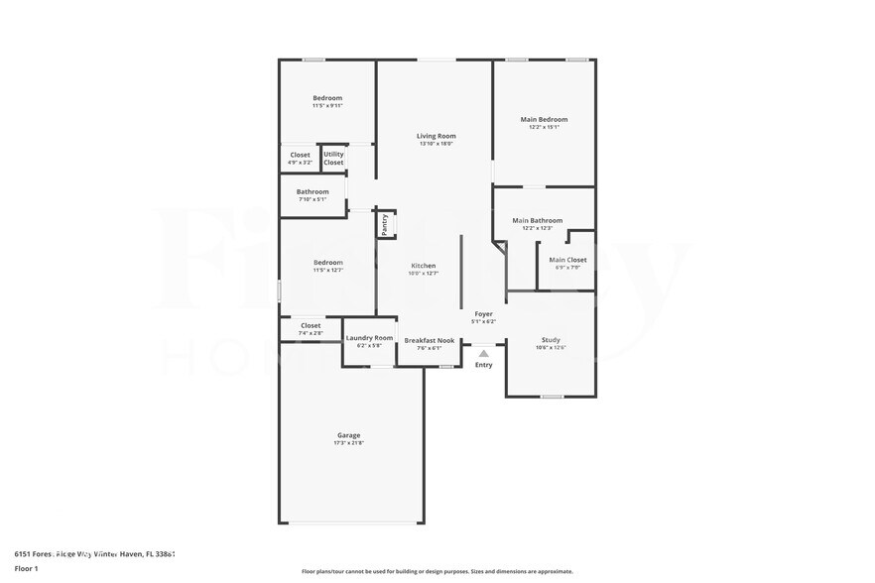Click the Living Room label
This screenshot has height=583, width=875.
click(436, 136)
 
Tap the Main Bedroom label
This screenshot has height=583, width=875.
click(544, 119)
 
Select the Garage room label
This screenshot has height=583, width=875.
click(348, 434)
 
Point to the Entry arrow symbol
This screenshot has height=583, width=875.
click(483, 352)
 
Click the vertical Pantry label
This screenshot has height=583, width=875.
click(385, 224)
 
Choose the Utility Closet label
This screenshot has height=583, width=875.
click(333, 158)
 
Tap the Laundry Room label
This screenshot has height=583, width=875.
click(369, 338)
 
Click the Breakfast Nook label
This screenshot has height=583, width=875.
click(430, 340)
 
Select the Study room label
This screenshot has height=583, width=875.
click(550, 339)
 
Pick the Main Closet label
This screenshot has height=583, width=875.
click(568, 260)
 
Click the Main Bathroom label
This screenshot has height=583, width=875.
click(537, 220)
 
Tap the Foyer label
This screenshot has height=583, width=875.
click(483, 313)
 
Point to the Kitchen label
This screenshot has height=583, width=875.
click(424, 266)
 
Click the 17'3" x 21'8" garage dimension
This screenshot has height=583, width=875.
click(348, 442)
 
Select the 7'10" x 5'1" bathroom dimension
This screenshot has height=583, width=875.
click(312, 199)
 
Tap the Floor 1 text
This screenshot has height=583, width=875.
click(26, 568)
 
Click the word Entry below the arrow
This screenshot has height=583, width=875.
click(483, 365)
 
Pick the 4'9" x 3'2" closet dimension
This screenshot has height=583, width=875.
click(300, 163)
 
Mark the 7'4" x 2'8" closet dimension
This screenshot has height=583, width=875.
click(311, 333)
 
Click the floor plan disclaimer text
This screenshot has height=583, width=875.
click(437, 572)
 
